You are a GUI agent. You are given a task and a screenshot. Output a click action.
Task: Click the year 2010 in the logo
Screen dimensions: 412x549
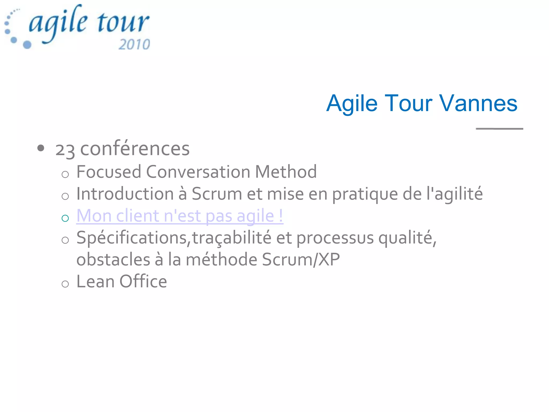[134, 44]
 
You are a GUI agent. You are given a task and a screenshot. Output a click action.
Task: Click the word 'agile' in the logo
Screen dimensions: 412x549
[58, 23]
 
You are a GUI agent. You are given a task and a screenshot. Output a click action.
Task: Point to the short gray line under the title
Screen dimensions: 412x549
[499, 129]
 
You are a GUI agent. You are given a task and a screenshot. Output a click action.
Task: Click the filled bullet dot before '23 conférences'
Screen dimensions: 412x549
[41, 148]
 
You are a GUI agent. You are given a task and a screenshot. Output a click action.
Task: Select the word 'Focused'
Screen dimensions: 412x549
[109, 172]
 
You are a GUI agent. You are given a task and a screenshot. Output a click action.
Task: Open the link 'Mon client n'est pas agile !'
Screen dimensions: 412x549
[180, 216]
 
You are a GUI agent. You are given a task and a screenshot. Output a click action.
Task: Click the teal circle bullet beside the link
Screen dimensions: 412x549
[65, 218]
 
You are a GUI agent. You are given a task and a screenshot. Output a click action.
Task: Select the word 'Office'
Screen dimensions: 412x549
[143, 282]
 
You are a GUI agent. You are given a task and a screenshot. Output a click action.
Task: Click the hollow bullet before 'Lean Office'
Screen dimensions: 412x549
[65, 284]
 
